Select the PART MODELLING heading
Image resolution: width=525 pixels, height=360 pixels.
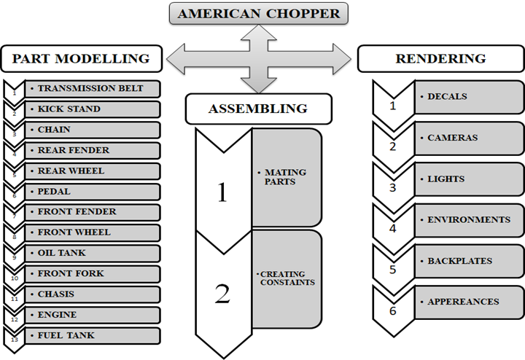pos(80,58)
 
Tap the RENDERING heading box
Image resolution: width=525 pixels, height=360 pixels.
pos(440,58)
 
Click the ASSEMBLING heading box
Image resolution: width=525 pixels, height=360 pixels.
pos(258,109)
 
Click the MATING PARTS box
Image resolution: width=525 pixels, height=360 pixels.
pos(286,177)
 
